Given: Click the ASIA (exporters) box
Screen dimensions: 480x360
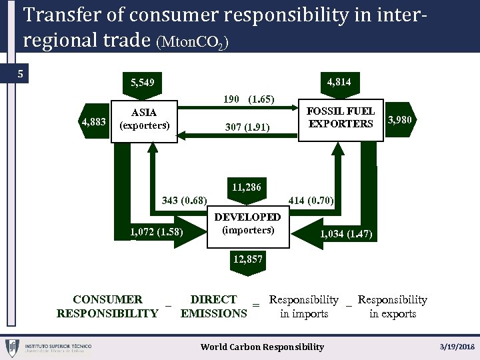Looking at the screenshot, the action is tap(144, 119).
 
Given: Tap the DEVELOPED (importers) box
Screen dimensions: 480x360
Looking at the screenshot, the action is tap(247, 223).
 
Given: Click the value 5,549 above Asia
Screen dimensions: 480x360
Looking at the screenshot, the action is tap(143, 83).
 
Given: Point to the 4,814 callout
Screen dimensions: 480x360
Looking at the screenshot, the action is tap(339, 82).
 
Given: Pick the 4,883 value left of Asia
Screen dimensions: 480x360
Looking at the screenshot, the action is tap(93, 121).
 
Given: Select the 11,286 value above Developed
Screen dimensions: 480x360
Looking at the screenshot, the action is tap(247, 187).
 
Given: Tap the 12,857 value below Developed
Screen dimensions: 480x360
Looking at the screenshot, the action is tap(247, 259).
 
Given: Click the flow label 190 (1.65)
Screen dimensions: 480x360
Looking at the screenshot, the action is tap(248, 99).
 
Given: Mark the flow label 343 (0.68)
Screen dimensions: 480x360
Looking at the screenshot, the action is tap(185, 200).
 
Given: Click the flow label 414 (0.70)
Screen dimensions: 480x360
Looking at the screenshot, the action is tap(311, 200).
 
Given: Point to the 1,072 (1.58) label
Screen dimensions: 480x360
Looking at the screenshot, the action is tap(157, 232).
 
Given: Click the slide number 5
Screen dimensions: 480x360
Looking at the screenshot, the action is tap(21, 73).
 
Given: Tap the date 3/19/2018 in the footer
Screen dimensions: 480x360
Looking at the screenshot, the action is tap(457, 347).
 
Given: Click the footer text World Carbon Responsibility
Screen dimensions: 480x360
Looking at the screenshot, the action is tap(263, 347).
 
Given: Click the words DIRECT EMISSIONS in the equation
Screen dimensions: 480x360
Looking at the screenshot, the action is tap(213, 307).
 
